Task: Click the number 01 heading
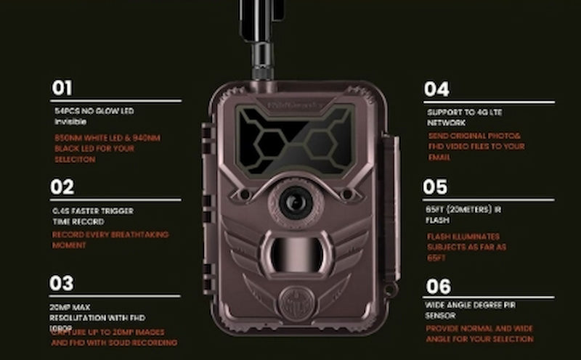[62, 89]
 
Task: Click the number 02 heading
[62, 187]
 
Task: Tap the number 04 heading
[436, 89]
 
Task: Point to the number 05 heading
[436, 187]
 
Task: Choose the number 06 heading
[438, 286]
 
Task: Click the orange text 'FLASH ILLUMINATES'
[463, 237]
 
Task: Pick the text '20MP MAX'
[70, 308]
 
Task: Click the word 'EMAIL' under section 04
[439, 157]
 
